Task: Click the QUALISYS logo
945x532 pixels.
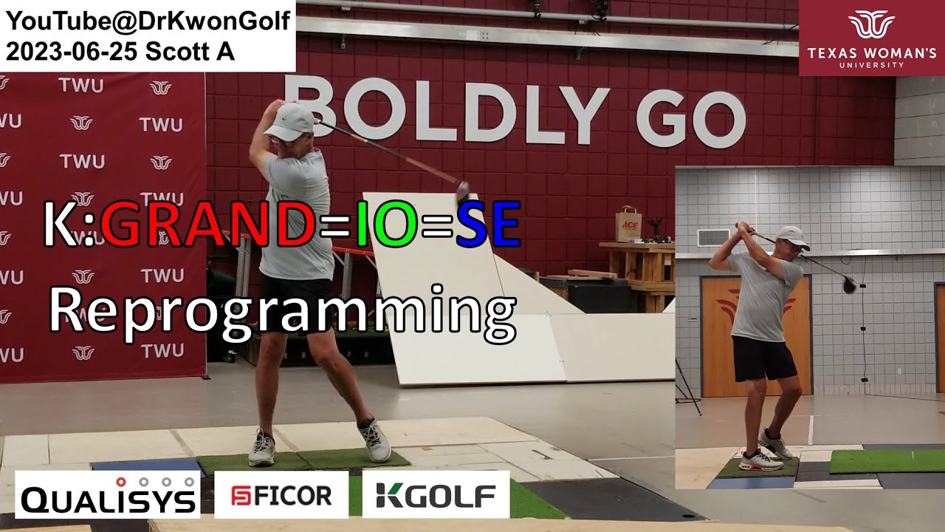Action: pyautogui.click(x=108, y=494)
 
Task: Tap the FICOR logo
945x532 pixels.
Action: pyautogui.click(x=281, y=494)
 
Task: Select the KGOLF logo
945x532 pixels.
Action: pyautogui.click(x=436, y=494)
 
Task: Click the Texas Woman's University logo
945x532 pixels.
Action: pyautogui.click(x=872, y=38)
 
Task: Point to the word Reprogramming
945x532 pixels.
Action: pyautogui.click(x=283, y=314)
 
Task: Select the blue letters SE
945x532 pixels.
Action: pyautogui.click(x=488, y=225)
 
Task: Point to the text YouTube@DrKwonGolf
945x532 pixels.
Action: pyautogui.click(x=148, y=20)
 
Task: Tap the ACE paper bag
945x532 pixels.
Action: pyautogui.click(x=628, y=225)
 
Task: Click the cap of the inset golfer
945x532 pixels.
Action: pyautogui.click(x=793, y=237)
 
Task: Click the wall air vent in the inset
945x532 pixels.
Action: pyautogui.click(x=713, y=238)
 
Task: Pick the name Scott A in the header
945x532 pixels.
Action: pyautogui.click(x=190, y=52)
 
